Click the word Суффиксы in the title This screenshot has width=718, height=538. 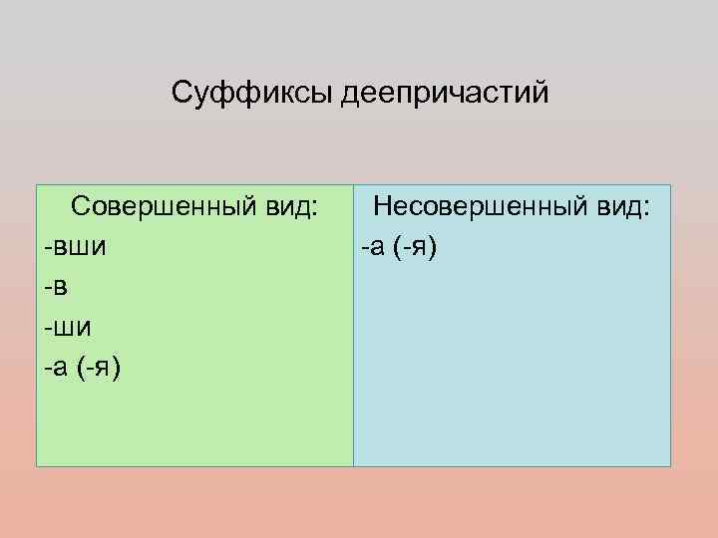click(253, 95)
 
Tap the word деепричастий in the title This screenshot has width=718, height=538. click(445, 95)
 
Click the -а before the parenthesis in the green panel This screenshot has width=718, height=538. click(56, 369)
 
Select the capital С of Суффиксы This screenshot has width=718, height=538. click(182, 95)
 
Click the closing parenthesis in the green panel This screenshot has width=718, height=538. click(117, 369)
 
